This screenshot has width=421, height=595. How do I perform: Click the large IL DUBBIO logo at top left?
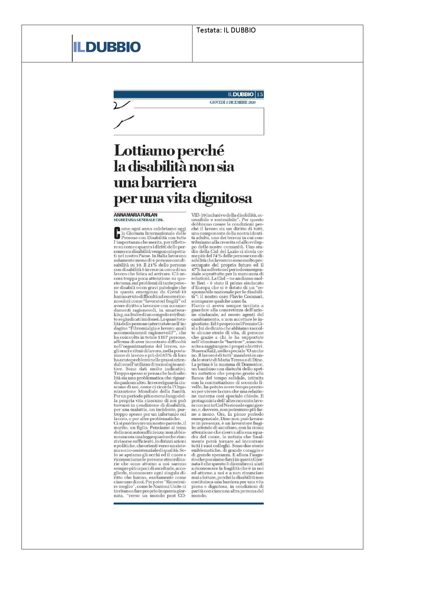tap(107, 47)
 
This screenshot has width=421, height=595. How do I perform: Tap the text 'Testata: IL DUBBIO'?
tap(226, 30)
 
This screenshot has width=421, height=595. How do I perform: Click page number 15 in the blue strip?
tap(260, 94)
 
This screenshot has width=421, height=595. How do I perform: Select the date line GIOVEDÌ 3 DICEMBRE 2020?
tap(232, 102)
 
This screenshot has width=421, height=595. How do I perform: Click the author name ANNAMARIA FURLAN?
tap(135, 215)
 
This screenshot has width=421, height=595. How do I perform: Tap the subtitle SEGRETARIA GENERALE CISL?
tap(138, 220)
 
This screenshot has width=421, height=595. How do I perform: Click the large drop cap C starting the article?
tap(117, 233)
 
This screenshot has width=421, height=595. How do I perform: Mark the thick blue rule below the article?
tap(189, 503)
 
